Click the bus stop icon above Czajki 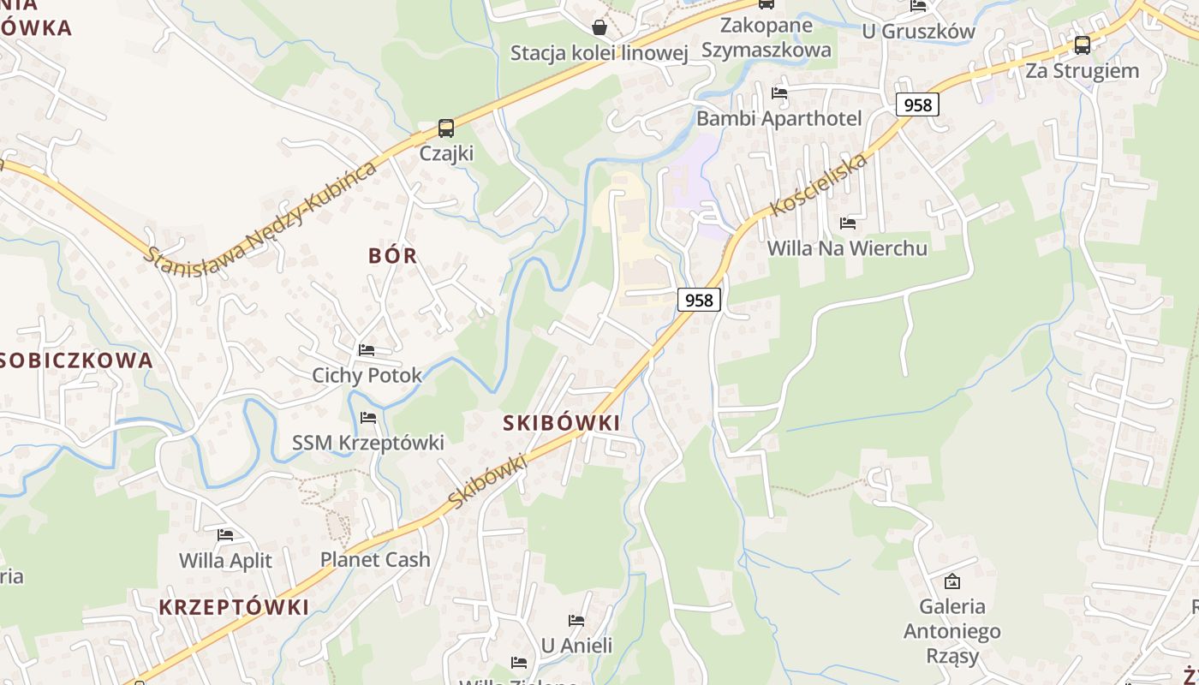click(x=445, y=128)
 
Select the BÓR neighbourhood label click(x=393, y=255)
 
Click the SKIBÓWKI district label click(x=561, y=422)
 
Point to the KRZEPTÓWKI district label click(x=234, y=607)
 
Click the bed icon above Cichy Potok click(x=367, y=349)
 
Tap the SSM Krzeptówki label click(x=368, y=443)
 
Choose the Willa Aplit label click(x=225, y=561)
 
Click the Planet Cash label click(x=375, y=559)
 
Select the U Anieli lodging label click(x=576, y=645)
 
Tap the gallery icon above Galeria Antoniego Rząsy click(x=951, y=581)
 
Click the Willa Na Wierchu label click(x=847, y=248)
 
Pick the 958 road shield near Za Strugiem click(x=917, y=104)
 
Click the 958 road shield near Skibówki click(x=699, y=300)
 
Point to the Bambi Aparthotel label click(x=778, y=118)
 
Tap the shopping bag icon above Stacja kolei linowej click(x=599, y=27)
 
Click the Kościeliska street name click(x=819, y=184)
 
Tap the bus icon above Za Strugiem click(x=1083, y=45)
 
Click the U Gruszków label click(x=918, y=32)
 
